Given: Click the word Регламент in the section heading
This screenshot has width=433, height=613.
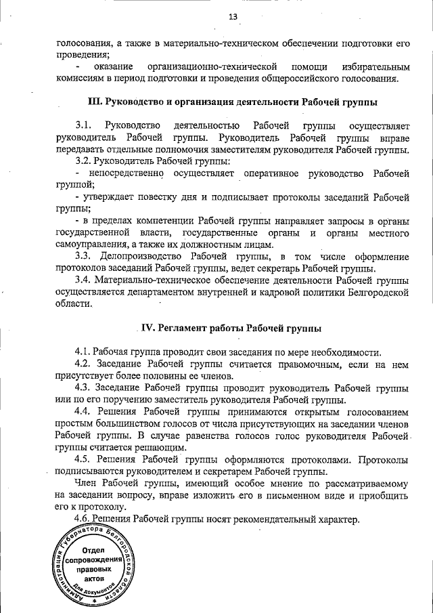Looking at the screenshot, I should pyautogui.click(x=183, y=329).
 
